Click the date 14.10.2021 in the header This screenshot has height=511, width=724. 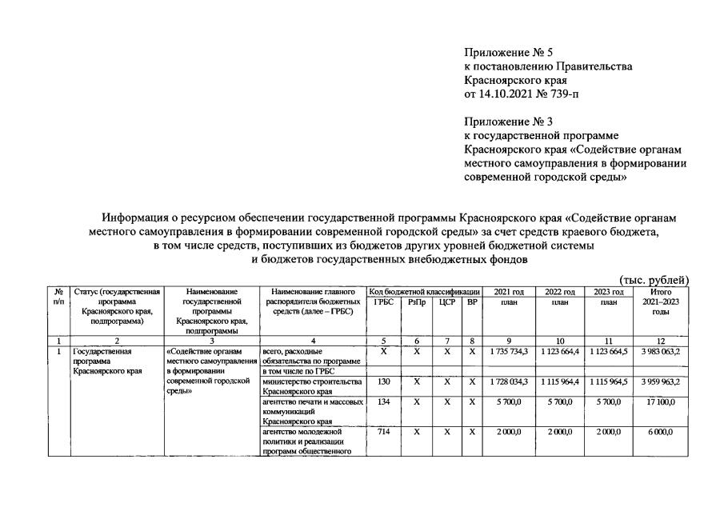coord(502,95)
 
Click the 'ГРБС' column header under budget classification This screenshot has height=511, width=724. coord(383,303)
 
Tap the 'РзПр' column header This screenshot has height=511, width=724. coord(416,303)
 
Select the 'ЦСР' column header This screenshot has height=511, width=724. coord(446,303)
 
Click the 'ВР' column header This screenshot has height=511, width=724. coord(472,303)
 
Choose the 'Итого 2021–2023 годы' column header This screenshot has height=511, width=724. coord(662,302)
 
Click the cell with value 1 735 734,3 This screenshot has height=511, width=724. coord(509,351)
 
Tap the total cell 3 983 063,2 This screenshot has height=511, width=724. coord(662,351)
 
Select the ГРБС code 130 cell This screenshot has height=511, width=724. coord(383,382)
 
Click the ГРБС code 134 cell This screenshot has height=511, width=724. coord(383,402)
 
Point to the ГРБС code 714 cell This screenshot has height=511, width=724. coord(383,432)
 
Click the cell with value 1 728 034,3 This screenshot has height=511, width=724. coord(509,382)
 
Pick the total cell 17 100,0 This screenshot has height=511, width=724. coord(662,402)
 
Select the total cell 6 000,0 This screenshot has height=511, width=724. coord(662,432)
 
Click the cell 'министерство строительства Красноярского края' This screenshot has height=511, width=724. coord(312,387)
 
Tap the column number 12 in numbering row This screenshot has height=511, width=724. coord(662,340)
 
